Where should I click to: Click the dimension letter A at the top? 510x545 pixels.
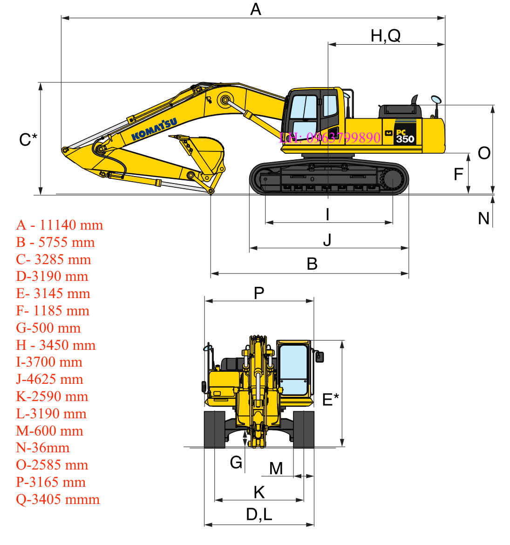(x=256, y=9)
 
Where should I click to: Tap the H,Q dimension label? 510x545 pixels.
(x=385, y=35)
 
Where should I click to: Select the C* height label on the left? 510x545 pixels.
(x=28, y=139)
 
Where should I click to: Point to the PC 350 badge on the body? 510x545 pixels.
(x=404, y=136)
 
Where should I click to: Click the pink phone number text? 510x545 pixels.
(x=330, y=137)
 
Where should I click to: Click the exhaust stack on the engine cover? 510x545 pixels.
(x=414, y=100)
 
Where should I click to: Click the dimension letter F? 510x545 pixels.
(x=458, y=174)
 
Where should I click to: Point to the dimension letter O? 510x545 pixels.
(x=484, y=153)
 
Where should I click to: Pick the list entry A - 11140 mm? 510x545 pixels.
(x=60, y=225)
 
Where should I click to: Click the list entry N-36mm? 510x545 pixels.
(x=43, y=448)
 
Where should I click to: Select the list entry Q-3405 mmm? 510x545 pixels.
(x=58, y=499)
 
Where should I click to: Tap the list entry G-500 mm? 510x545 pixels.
(x=48, y=328)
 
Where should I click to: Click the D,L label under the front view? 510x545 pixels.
(x=259, y=514)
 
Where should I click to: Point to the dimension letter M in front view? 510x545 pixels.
(x=276, y=468)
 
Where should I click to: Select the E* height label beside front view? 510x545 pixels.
(x=331, y=399)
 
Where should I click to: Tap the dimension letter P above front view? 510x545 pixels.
(x=259, y=293)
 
